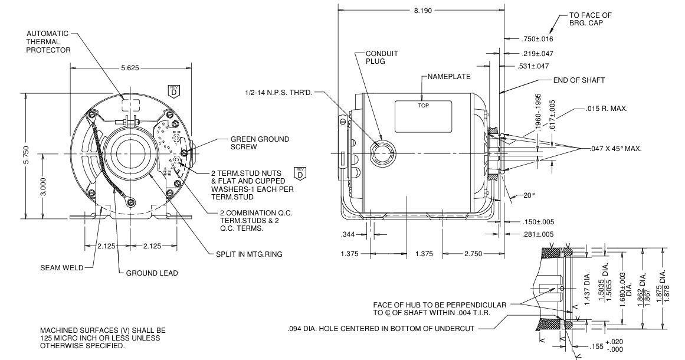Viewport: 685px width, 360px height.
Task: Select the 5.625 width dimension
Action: pos(130,68)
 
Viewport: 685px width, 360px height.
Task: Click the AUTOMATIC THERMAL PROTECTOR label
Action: pos(48,42)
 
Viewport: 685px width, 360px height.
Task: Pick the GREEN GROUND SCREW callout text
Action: pos(260,143)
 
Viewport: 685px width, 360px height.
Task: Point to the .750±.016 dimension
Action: pos(537,39)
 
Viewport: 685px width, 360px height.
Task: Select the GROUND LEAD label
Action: pos(152,273)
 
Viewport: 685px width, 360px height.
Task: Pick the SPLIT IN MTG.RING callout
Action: pos(249,254)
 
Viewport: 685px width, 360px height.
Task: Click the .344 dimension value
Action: pos(348,235)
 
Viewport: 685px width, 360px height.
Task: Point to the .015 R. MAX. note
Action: pos(607,109)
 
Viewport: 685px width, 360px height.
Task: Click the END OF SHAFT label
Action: pos(578,80)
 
